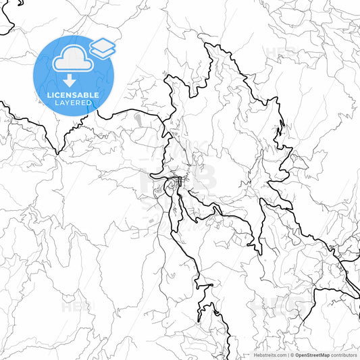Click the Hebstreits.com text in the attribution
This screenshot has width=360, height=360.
268,355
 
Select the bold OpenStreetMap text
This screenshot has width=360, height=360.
313,355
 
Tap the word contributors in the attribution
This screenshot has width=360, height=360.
344,355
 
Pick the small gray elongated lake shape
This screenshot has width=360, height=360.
138,120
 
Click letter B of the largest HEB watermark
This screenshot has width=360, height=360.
203,177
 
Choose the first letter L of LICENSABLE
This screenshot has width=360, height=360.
47,95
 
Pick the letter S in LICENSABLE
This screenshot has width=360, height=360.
74,95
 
